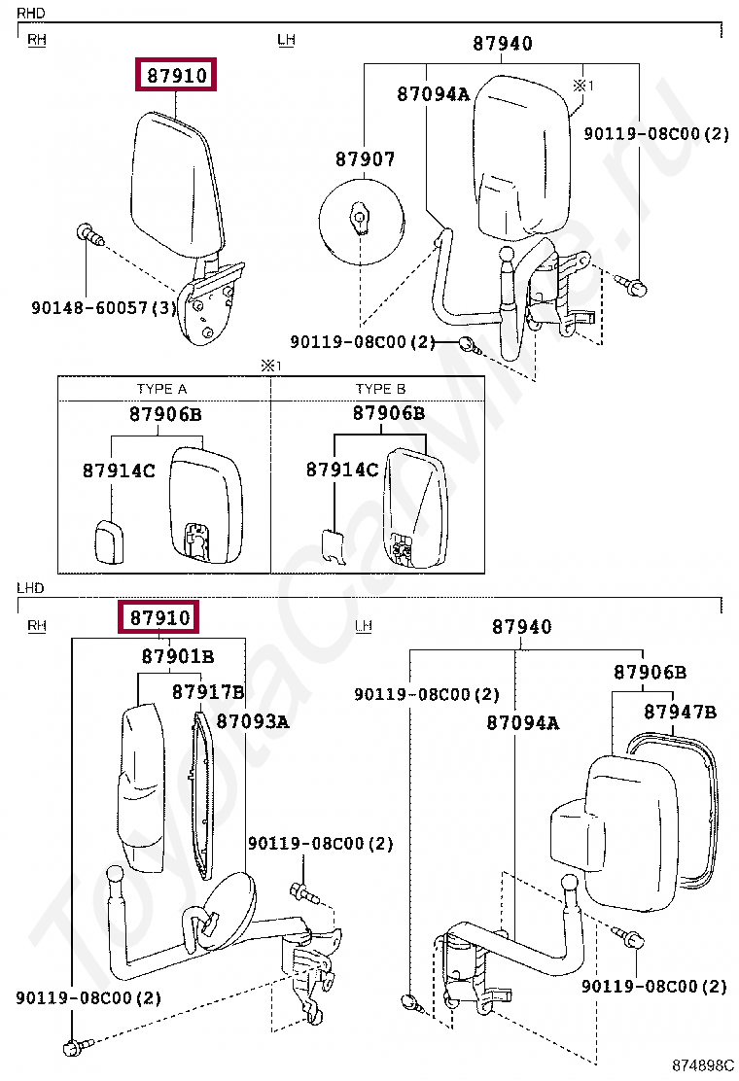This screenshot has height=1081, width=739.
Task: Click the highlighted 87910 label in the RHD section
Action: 176,74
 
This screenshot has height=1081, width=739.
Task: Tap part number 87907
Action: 365,159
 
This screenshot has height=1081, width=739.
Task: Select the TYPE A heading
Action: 161,389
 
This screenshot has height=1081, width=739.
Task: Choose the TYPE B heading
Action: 380,389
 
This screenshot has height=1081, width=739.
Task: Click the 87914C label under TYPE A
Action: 118,471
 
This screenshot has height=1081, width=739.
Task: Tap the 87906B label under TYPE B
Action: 388,413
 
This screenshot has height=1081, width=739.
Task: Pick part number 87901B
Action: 178,656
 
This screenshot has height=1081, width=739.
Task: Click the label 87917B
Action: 208,691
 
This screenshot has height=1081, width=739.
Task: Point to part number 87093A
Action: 252,721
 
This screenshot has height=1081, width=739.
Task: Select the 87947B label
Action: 680,712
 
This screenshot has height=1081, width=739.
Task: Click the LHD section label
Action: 30,588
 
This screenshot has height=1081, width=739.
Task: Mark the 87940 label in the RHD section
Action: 503,44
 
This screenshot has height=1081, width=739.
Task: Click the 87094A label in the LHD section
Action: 522,722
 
